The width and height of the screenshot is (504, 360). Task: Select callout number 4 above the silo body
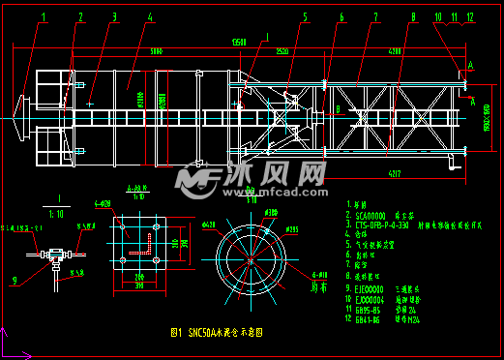point(150,16)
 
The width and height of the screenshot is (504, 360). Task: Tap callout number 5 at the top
point(304,16)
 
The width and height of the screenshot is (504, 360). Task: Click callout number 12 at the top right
point(469,16)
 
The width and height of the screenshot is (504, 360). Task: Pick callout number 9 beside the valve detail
point(15,282)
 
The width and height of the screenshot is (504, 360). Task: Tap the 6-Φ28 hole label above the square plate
point(103,204)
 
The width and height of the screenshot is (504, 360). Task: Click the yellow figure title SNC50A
point(218,331)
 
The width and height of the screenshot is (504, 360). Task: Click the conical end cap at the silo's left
point(22,105)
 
